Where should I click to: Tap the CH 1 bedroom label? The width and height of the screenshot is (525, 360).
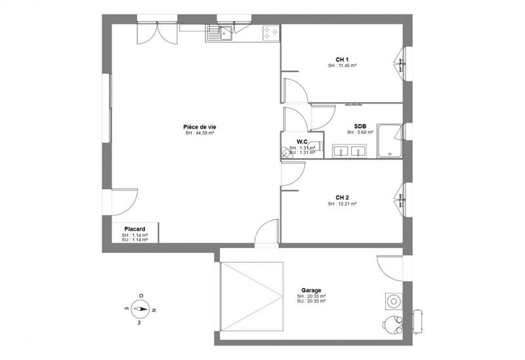(341, 60)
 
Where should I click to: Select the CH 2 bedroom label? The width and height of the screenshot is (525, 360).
(341, 197)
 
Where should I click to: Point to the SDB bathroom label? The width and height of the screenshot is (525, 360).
(360, 126)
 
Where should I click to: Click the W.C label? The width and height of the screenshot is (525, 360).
(302, 142)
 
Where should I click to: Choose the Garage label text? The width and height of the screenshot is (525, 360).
(310, 290)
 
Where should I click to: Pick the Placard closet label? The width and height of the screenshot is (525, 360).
(134, 229)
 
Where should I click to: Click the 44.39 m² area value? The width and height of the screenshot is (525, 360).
(199, 133)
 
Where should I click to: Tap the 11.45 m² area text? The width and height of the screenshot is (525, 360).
(342, 66)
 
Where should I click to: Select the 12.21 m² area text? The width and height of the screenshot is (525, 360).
(342, 204)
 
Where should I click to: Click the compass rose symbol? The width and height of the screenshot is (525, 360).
(138, 308)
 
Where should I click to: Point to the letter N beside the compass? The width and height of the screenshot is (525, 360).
(154, 308)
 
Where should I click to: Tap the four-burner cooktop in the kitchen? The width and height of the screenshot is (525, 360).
(270, 31)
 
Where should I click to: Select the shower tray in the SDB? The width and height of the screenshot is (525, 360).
(390, 140)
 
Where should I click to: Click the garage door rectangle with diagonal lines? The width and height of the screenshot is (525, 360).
(252, 297)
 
